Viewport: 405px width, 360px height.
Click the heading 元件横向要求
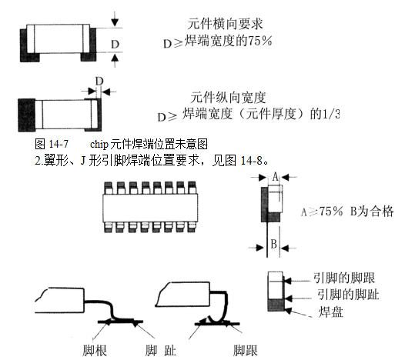tap(225, 24)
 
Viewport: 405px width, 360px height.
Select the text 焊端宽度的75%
tap(229, 42)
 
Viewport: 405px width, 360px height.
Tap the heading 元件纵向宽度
tap(228, 98)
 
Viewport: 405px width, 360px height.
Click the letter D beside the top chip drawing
tap(115, 45)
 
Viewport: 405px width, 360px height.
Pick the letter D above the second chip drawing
tap(99, 82)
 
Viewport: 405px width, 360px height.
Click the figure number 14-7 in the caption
tap(59, 144)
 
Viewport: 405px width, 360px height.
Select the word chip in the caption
tap(99, 145)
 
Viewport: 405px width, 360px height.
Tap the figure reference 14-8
tap(252, 161)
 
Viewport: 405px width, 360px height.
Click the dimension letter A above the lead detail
tap(276, 177)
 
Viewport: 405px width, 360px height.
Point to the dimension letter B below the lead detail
tap(274, 244)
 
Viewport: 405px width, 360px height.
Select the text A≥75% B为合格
tap(347, 212)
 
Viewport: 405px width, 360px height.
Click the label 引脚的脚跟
tap(344, 278)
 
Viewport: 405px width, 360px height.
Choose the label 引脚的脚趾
tap(348, 295)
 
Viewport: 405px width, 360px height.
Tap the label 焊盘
tap(330, 312)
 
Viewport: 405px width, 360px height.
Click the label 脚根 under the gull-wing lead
tap(95, 351)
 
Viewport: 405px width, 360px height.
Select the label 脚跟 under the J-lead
tap(246, 351)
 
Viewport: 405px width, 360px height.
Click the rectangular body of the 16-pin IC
tap(151, 208)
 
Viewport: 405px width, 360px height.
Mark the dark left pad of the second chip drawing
tap(27, 115)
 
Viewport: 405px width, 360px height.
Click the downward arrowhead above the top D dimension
tap(115, 23)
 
